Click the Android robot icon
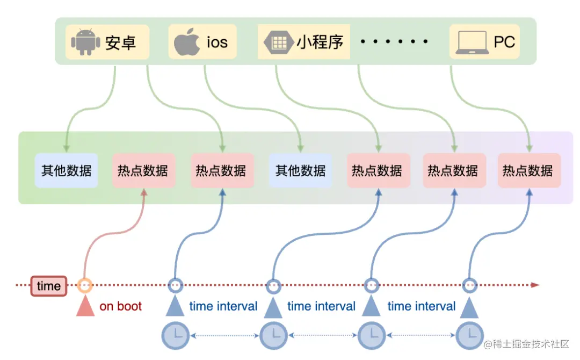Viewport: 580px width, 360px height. [86, 42]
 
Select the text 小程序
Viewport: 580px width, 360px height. [320, 41]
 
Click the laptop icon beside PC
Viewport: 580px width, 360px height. [472, 42]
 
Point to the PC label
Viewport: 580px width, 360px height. [504, 42]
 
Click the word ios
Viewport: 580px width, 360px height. [217, 42]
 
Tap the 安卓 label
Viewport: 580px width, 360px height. [120, 42]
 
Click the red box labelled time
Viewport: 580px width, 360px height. [49, 286]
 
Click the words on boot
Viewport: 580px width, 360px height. [121, 306]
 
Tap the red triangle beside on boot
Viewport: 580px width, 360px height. [85, 307]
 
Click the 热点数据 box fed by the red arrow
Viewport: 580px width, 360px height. [143, 171]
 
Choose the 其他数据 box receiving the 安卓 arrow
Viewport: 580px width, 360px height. [67, 171]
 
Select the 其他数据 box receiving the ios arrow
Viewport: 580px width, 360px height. [300, 171]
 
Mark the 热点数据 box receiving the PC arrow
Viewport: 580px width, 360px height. [529, 171]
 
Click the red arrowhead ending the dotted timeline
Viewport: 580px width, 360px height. [535, 285]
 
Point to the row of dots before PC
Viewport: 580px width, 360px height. [395, 42]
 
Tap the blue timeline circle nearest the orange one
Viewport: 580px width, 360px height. [175, 285]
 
